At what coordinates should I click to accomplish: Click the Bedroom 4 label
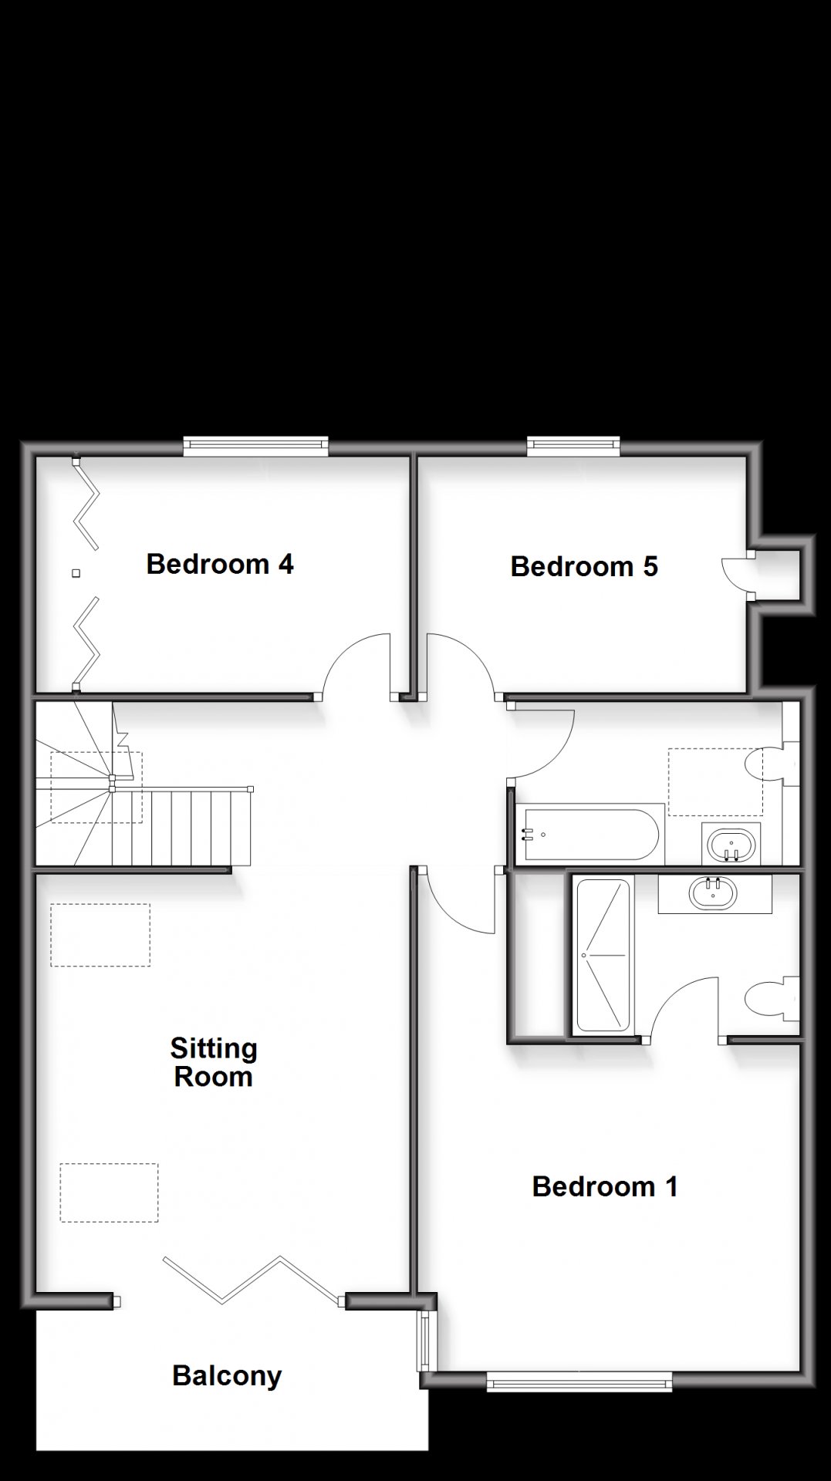tap(220, 564)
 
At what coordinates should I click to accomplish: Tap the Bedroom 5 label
tap(584, 566)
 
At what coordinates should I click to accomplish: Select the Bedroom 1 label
tap(605, 1186)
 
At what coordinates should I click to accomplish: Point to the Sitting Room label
tap(214, 1062)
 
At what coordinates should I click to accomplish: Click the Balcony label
tap(227, 1376)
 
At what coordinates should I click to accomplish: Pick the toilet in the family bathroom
tap(772, 764)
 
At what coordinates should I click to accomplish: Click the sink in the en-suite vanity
tap(714, 894)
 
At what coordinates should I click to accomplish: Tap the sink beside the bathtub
tap(731, 845)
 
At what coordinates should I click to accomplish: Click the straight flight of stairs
tap(181, 827)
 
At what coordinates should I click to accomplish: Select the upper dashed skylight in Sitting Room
tap(100, 935)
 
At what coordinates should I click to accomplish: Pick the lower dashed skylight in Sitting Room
tap(109, 1193)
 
